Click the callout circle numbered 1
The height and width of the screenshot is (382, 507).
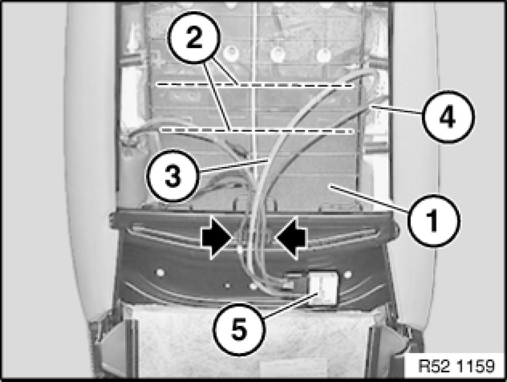[x=433, y=221]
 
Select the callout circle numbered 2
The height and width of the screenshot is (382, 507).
[x=194, y=37]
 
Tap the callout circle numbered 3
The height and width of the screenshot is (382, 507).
[x=173, y=176]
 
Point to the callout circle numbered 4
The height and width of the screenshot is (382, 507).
[x=448, y=117]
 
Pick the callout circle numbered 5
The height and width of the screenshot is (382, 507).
[x=239, y=329]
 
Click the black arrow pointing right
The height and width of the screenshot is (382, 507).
[x=217, y=238]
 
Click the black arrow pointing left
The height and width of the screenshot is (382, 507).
[x=291, y=238]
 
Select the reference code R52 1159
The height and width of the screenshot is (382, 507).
[x=456, y=367]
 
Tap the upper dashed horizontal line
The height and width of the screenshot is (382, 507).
[x=256, y=85]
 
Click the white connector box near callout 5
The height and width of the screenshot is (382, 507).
[x=323, y=288]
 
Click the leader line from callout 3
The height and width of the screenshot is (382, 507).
[x=234, y=166]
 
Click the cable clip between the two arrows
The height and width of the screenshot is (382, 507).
[x=254, y=237]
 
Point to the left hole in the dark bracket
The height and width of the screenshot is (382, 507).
[x=159, y=272]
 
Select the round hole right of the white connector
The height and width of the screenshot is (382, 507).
[x=348, y=275]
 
